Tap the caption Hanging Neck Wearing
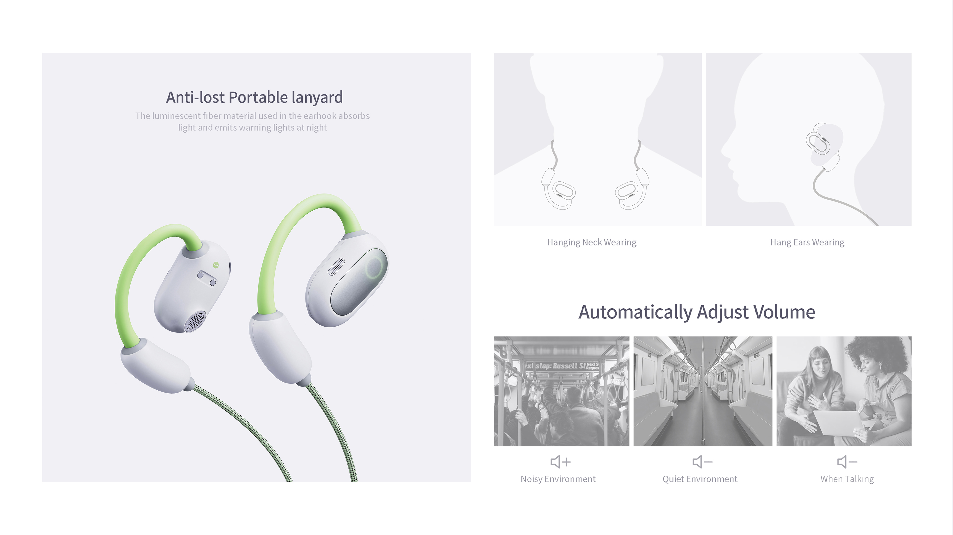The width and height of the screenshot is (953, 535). coord(592,242)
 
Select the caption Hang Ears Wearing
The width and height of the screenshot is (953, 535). coord(807,242)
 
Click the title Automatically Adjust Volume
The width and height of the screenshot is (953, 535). coord(697,312)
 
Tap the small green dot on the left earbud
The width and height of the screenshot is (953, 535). coord(216,265)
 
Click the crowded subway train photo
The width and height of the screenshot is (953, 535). coord(561,391)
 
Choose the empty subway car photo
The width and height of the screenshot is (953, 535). coord(702,391)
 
